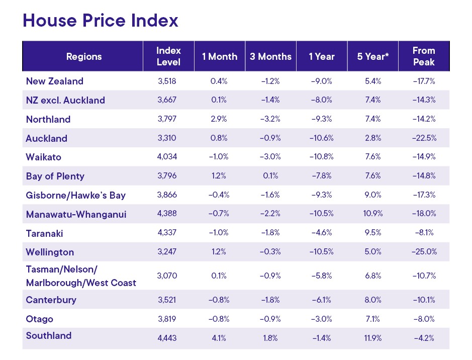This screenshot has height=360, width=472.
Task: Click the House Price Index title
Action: [x=101, y=21]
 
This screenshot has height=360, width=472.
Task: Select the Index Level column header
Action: [x=168, y=56]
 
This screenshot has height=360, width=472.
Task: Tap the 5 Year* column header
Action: [x=373, y=56]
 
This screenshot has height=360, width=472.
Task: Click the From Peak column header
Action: [x=424, y=56]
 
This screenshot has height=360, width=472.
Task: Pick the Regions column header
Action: [x=84, y=56]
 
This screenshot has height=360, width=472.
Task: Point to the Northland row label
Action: [x=48, y=119]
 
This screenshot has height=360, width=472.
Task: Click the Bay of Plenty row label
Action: [x=55, y=176]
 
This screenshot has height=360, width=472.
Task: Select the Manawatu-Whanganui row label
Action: [x=76, y=214]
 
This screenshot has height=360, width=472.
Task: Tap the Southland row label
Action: [x=49, y=335]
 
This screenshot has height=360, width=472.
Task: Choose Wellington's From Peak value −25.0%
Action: [x=424, y=252]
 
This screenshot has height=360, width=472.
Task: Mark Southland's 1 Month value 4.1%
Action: [x=220, y=338]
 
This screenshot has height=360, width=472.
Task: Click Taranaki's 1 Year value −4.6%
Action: [x=322, y=233]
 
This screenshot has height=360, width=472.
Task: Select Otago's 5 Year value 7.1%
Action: [x=373, y=319]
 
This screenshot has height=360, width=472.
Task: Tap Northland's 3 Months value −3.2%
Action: [x=270, y=119]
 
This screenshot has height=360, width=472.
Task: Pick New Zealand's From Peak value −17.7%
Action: [x=424, y=81]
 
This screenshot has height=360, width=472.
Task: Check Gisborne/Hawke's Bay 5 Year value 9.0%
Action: [x=373, y=195]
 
